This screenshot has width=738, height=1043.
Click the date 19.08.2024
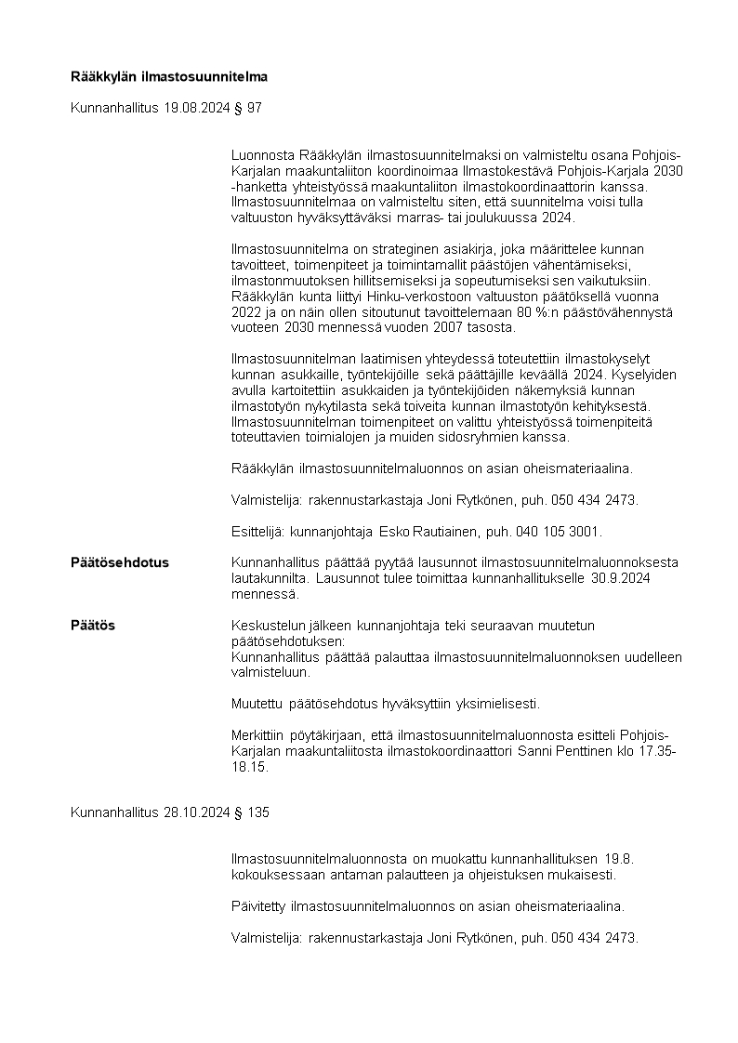click(196, 109)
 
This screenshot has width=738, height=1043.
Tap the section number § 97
click(248, 109)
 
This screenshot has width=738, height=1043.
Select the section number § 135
click(252, 812)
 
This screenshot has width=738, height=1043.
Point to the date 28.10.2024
click(196, 812)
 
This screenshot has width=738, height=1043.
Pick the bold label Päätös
click(93, 626)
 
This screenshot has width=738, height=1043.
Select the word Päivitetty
click(257, 905)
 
